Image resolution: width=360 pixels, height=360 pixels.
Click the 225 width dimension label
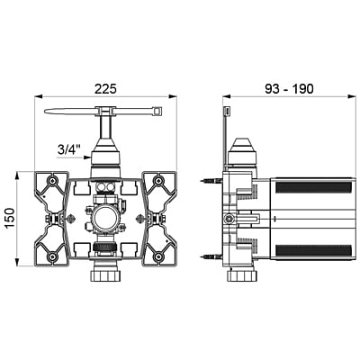(105, 89)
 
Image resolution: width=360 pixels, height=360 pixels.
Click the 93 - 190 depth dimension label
(289, 89)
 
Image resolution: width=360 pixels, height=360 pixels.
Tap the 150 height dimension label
(10, 218)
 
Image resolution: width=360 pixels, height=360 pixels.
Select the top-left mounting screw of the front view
(53, 181)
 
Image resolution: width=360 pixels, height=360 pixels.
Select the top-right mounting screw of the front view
(157, 181)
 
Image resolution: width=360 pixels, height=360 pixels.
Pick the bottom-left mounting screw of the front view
(53, 256)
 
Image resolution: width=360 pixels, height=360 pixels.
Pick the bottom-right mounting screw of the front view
(157, 256)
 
